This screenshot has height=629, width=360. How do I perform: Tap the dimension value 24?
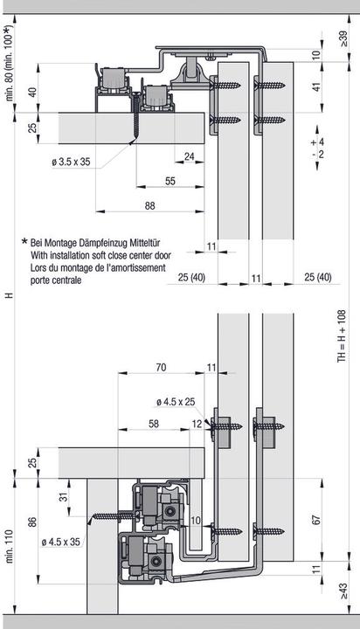coord(190,156)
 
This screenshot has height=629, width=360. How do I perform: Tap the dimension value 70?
coord(160,369)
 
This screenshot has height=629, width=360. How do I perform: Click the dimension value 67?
coord(316,520)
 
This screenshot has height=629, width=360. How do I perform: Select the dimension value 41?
coord(316,87)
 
